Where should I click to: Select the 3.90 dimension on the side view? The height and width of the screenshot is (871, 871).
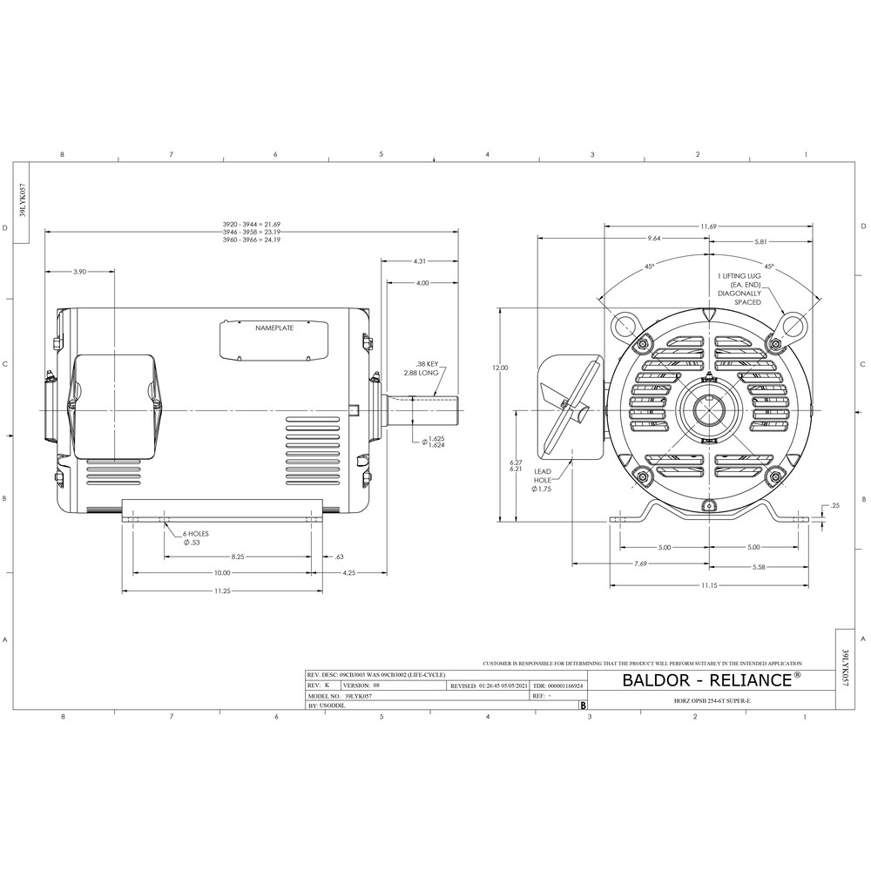tap(78, 272)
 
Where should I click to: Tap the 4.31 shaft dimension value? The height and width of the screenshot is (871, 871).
tap(419, 260)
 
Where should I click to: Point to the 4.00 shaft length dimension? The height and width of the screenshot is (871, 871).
tap(422, 283)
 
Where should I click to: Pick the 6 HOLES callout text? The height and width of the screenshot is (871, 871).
tap(196, 533)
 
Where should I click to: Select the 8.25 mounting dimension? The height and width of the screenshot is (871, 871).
tap(236, 555)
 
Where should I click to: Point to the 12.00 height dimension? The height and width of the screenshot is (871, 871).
tap(500, 368)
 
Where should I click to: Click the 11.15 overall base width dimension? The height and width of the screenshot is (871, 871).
tap(710, 586)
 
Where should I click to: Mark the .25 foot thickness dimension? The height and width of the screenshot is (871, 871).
tap(835, 505)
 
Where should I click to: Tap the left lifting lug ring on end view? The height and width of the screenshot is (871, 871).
tap(625, 325)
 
